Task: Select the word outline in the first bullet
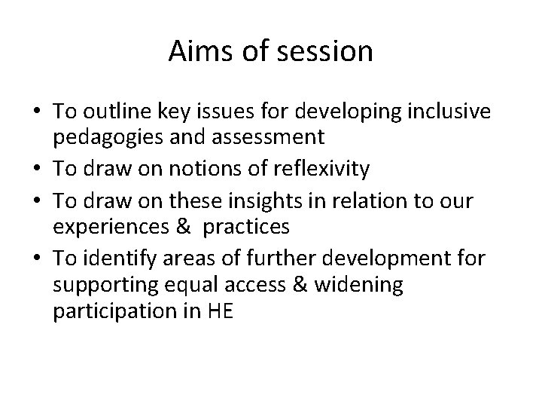(x=114, y=111)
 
